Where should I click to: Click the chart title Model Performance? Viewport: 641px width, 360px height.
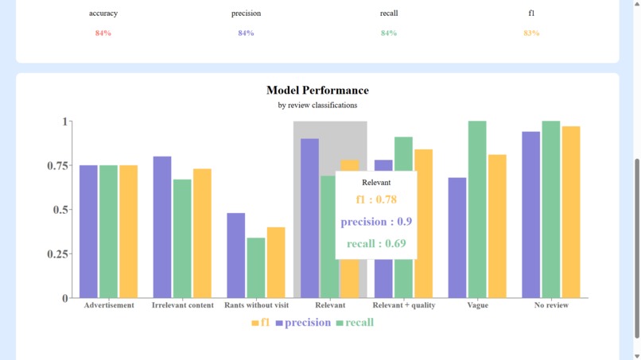[x=317, y=91]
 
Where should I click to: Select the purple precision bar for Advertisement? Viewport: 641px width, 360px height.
[x=88, y=231]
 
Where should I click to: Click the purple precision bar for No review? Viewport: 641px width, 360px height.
[x=530, y=215]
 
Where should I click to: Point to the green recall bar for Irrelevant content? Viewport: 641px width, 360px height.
[x=182, y=238]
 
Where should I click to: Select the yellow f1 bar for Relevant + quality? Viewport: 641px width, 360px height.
[x=423, y=223]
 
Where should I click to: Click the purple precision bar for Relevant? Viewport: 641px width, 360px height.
[x=309, y=219]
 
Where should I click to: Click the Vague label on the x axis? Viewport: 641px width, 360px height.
[x=478, y=305]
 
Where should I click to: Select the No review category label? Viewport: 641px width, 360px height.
[x=551, y=305]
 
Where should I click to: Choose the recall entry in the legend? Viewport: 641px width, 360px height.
[x=355, y=323]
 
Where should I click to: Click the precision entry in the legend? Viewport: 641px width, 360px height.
[x=303, y=323]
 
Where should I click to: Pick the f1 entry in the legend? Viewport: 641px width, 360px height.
[x=261, y=323]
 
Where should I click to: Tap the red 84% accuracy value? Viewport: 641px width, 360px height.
[x=103, y=33]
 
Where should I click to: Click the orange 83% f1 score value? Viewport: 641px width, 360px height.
[x=531, y=33]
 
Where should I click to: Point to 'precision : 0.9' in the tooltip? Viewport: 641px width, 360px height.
[x=376, y=222]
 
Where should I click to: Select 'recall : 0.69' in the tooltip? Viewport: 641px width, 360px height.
[x=376, y=243]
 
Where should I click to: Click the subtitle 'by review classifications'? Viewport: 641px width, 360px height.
[x=317, y=105]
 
